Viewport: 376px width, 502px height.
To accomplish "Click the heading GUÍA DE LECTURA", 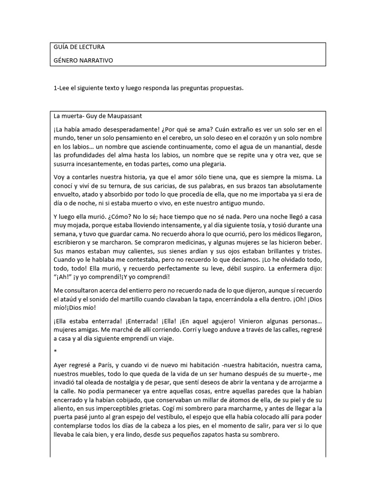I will click(x=78, y=47).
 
